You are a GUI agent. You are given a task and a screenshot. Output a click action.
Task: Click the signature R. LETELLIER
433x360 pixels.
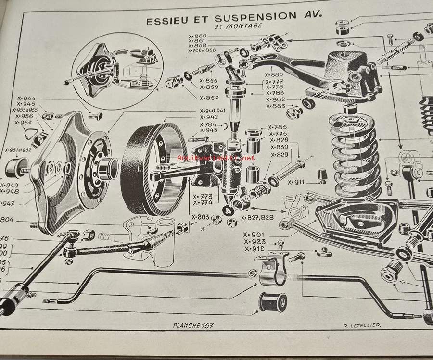click(362, 325)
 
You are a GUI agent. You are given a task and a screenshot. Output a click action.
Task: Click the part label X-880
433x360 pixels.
click(274, 74)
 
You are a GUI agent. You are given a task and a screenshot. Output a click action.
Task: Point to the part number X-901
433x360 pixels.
click(255, 235)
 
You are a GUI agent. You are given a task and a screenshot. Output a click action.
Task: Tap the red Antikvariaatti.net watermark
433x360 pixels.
click(216, 158)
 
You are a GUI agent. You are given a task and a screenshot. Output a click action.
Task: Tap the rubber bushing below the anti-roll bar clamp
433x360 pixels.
click(273, 302)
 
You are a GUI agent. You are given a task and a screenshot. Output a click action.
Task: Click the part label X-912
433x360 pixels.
click(255, 249)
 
